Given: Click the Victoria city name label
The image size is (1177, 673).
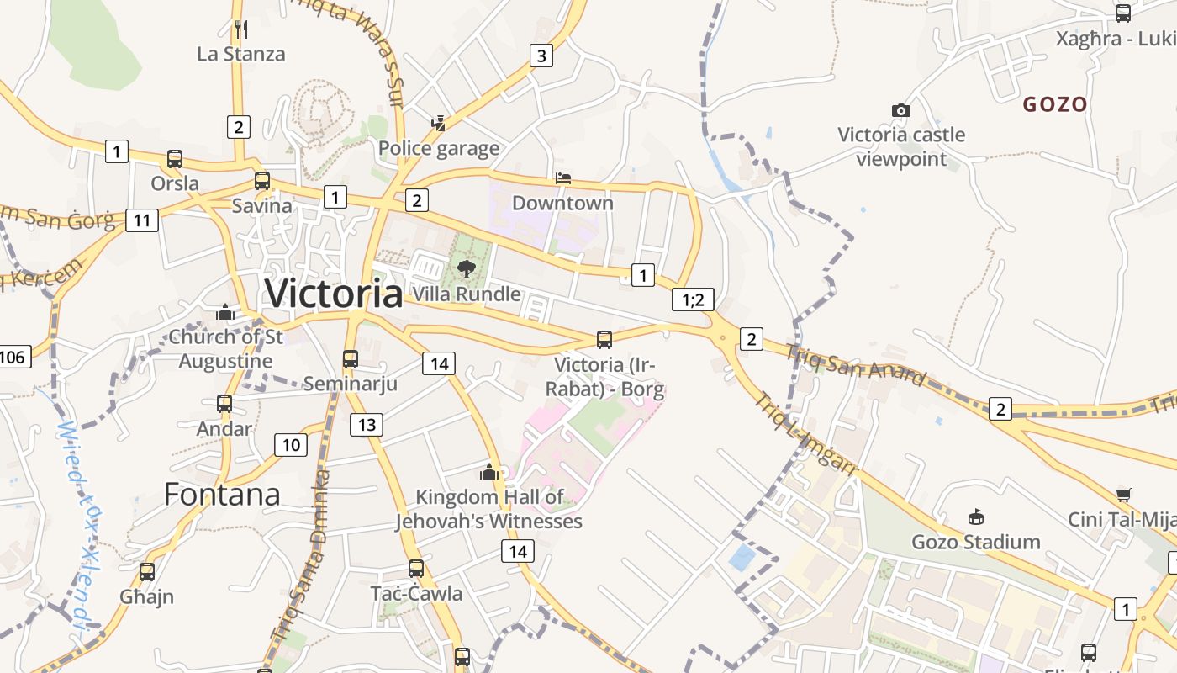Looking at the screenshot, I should (x=334, y=293).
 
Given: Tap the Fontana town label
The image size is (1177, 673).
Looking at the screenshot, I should (x=222, y=494).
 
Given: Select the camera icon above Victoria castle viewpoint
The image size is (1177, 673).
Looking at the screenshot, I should (x=900, y=110).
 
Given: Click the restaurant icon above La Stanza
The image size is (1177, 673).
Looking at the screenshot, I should (x=241, y=29).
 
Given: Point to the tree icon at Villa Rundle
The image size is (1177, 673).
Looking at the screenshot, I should (x=466, y=269).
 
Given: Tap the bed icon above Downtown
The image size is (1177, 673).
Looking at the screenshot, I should (x=563, y=178).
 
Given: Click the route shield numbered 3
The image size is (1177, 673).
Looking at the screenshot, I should (x=541, y=56).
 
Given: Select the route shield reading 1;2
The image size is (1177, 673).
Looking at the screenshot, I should (x=693, y=299).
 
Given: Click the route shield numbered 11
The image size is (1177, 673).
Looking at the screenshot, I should (x=141, y=220).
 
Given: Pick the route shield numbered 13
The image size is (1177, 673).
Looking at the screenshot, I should (x=367, y=424).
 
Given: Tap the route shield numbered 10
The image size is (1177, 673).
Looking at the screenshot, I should (x=290, y=445).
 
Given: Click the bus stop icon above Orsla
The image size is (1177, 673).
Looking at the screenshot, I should (x=175, y=158).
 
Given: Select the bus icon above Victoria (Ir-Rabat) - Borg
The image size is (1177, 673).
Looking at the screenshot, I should (x=604, y=340).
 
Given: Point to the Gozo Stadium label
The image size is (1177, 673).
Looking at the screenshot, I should (x=976, y=542).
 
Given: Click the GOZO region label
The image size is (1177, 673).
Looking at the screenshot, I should (x=1055, y=104).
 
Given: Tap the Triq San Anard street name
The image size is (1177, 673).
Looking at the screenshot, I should (x=856, y=363).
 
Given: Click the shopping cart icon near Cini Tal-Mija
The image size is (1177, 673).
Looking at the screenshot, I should (x=1124, y=495).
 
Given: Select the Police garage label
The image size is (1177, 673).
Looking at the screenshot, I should (x=439, y=149).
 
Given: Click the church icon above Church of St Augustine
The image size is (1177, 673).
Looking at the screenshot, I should (x=224, y=313).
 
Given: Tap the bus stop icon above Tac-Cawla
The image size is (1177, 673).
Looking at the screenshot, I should (x=416, y=569).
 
